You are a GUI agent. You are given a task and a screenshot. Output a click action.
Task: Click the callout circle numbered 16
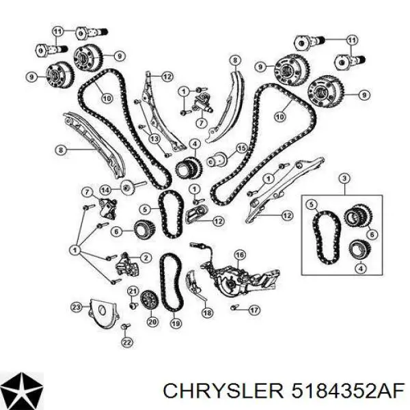point(240,254)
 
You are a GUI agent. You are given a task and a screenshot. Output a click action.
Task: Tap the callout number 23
point(77,307)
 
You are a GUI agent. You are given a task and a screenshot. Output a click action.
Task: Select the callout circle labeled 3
point(344,178)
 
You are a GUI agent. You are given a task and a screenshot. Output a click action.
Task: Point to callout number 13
point(154,139)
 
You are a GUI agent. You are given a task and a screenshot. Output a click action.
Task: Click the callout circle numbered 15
point(241,148)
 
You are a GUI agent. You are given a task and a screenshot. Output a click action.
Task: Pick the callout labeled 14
point(105,190)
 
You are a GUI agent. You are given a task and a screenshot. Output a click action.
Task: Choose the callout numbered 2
point(146,258)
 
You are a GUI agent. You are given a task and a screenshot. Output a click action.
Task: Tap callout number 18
point(208,312)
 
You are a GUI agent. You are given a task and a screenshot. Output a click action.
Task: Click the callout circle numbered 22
point(127,342)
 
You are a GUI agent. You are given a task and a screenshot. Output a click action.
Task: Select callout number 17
point(254,310)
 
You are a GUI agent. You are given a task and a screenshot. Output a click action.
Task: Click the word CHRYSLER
point(223,392)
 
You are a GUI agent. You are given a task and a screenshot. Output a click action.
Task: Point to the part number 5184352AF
point(348,392)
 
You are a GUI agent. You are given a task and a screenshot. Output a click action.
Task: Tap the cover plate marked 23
point(102,314)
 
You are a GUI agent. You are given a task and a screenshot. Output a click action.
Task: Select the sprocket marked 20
point(149,300)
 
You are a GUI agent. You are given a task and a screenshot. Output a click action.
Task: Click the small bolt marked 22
point(125,327)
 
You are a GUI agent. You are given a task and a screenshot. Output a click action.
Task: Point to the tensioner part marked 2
point(127,265)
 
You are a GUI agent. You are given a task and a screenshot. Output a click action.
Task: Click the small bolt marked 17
point(234,307)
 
